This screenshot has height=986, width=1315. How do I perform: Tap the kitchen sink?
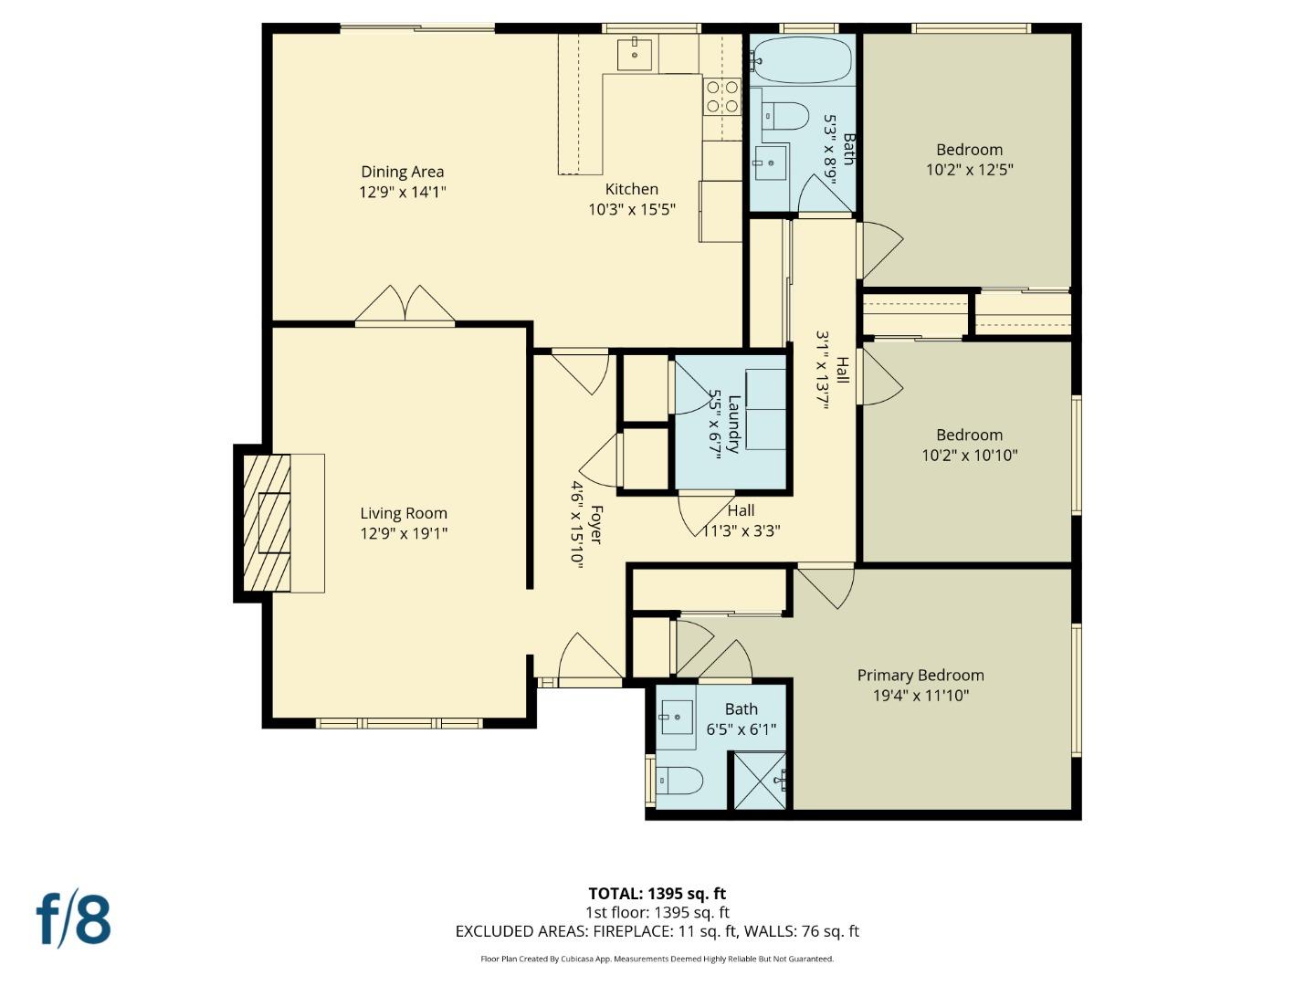click(x=635, y=54)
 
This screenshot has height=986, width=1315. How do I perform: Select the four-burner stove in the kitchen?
click(x=721, y=96)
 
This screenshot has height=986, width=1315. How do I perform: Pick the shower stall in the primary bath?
click(x=760, y=780)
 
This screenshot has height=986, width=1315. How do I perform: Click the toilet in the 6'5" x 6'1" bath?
click(x=680, y=781)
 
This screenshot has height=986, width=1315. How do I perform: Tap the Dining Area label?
click(x=402, y=172)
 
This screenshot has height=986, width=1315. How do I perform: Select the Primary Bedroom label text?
click(x=920, y=676)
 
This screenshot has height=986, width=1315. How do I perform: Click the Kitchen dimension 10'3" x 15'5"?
click(x=631, y=209)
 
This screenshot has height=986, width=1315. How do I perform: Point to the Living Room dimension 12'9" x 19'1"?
click(x=403, y=533)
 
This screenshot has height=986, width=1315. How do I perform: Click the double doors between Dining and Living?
click(x=405, y=305)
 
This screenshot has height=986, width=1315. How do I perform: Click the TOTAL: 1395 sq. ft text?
click(x=657, y=894)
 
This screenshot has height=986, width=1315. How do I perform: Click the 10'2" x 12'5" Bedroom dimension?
click(x=969, y=170)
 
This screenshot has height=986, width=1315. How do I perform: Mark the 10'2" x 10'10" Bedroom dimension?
click(x=969, y=455)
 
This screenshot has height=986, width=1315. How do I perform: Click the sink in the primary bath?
click(x=676, y=717)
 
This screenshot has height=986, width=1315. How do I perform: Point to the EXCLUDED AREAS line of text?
click(x=657, y=931)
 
